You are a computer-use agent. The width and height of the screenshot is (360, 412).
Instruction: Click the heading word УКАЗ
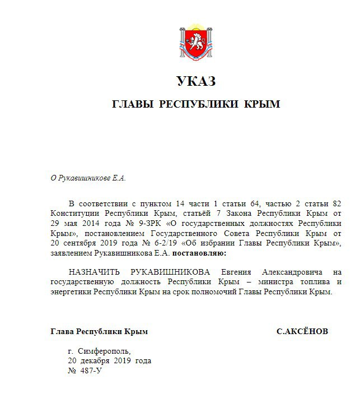click(195, 82)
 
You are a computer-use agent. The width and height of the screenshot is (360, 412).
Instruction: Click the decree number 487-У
click(88, 371)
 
